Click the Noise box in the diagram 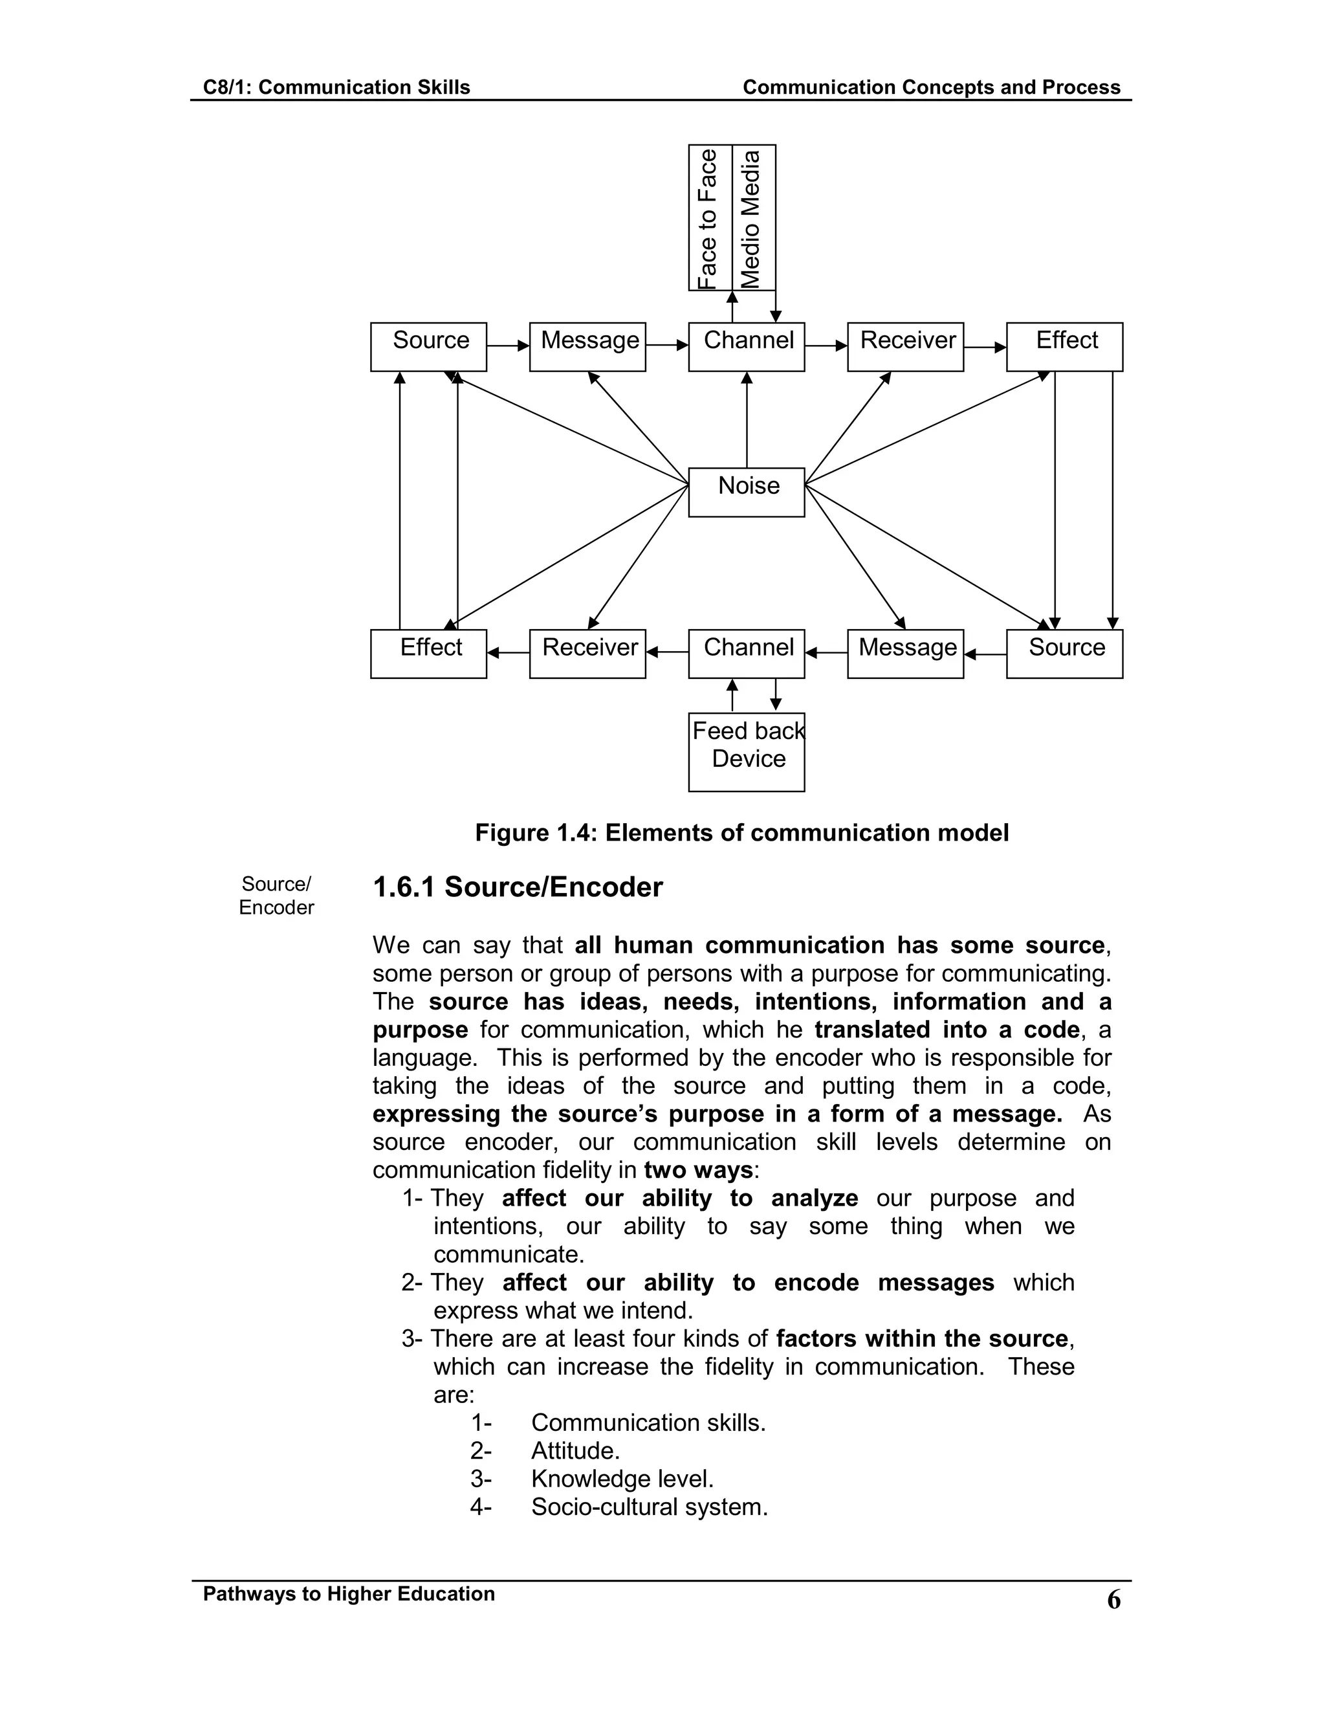[746, 492]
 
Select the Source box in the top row [428, 346]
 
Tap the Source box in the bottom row [1064, 654]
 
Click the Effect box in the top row [1064, 346]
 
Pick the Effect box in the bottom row [428, 654]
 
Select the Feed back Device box [746, 751]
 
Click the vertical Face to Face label [710, 217]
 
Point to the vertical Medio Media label [753, 217]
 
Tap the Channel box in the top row [746, 346]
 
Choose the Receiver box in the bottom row [587, 654]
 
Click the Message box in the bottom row [905, 654]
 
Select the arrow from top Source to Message [508, 346]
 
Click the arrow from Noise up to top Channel [747, 420]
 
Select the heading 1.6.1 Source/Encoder [518, 887]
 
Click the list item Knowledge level [622, 1479]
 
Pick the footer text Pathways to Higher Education [349, 1593]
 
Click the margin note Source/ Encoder [276, 895]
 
